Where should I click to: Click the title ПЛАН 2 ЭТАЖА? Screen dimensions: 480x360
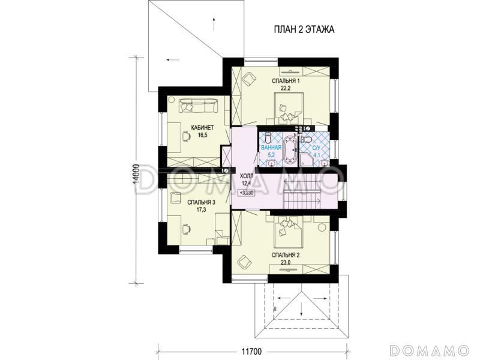click(x=304, y=29)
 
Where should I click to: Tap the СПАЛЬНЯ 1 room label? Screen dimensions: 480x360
click(x=286, y=81)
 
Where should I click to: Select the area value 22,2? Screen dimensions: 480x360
click(x=286, y=88)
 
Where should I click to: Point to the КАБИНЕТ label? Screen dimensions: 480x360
click(x=202, y=128)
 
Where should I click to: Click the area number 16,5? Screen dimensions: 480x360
click(x=202, y=135)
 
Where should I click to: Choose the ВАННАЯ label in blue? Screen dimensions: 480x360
click(x=271, y=148)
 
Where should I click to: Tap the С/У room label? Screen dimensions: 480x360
click(x=316, y=148)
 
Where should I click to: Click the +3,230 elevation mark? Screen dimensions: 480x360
click(x=247, y=193)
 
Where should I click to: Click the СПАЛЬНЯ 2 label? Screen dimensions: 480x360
click(x=286, y=255)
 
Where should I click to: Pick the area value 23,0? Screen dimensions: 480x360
click(x=286, y=262)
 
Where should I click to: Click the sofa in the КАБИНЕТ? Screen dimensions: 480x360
click(x=199, y=105)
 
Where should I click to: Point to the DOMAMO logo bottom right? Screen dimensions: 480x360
click(x=430, y=350)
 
